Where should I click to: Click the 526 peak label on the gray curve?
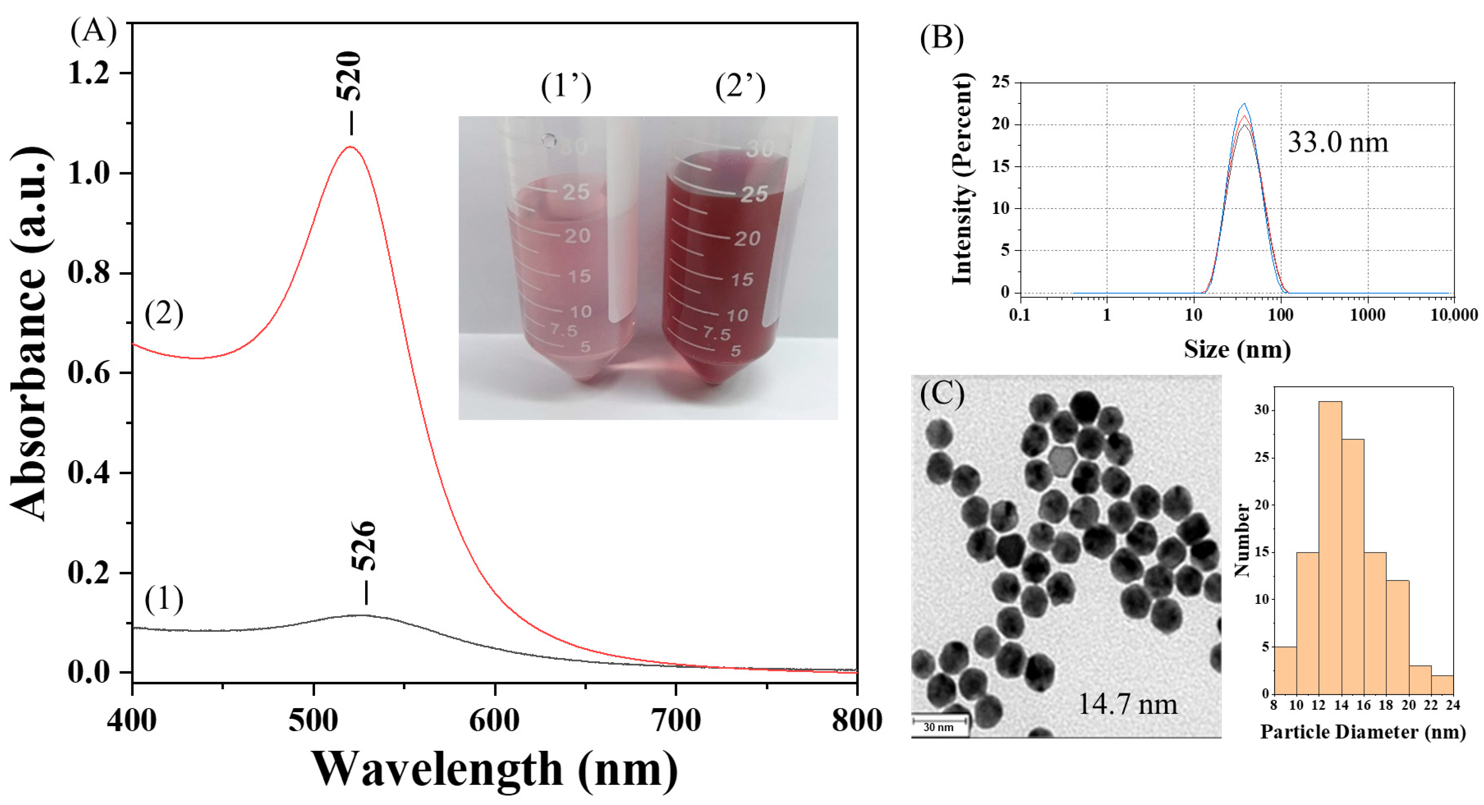tap(365, 546)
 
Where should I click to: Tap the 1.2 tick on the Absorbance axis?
tap(89, 74)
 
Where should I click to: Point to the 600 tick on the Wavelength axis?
tap(494, 720)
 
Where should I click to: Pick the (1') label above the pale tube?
tap(566, 88)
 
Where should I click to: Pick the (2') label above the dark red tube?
tap(740, 88)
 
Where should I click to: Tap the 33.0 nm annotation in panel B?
tap(1338, 142)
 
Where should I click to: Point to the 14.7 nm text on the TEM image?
tap(1127, 704)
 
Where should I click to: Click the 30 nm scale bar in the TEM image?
tap(939, 720)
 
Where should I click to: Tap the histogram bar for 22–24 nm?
tap(1442, 685)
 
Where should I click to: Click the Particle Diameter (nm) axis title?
tap(1363, 732)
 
